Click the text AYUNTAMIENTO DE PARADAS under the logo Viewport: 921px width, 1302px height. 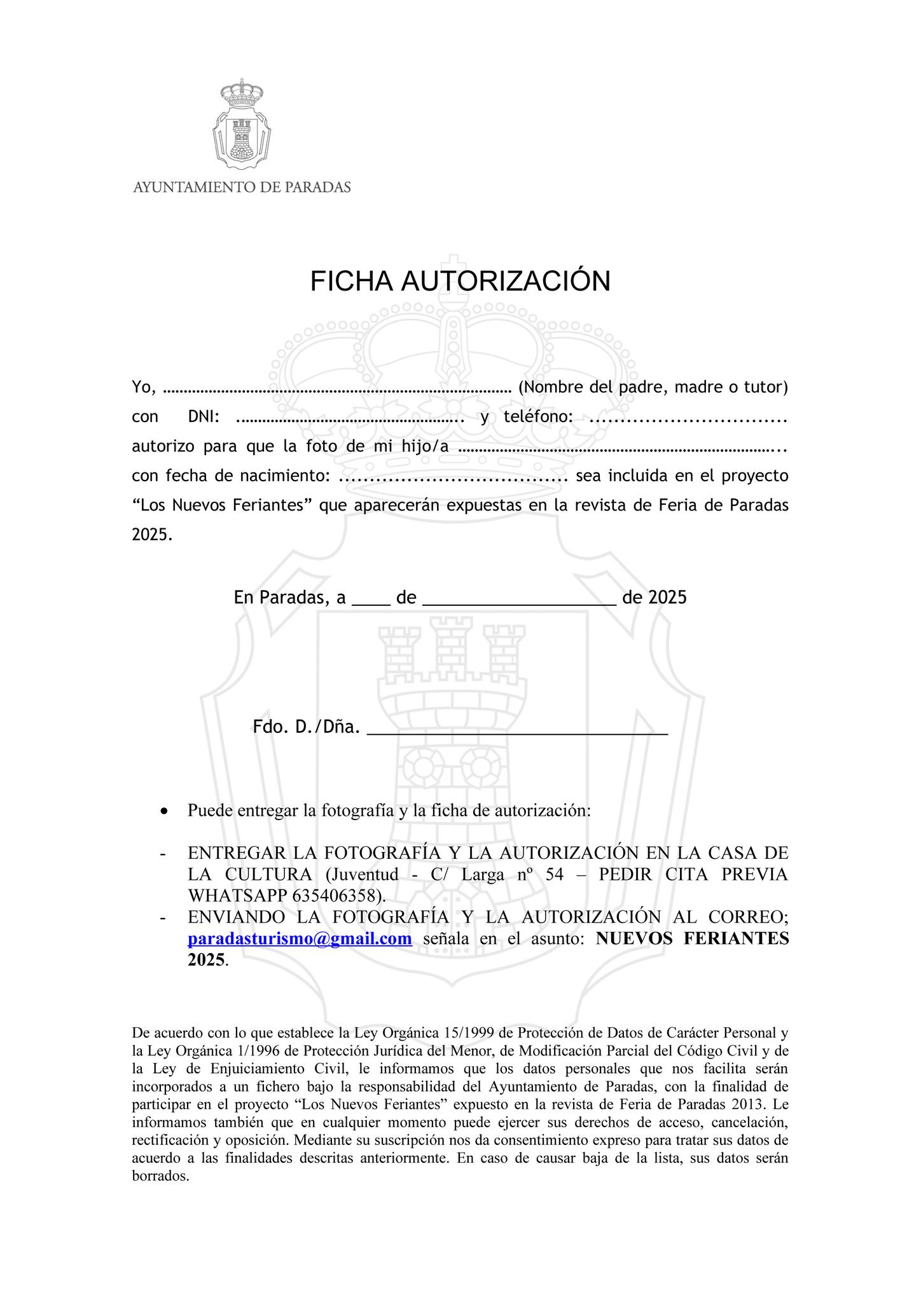[242, 188]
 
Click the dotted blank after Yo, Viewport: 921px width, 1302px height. [337, 387]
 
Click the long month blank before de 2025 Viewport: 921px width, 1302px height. [519, 599]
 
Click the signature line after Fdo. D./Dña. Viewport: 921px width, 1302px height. [518, 727]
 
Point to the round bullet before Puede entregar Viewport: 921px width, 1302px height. [165, 812]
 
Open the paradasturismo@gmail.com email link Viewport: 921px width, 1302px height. [300, 939]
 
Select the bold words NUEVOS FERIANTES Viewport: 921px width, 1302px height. [692, 939]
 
